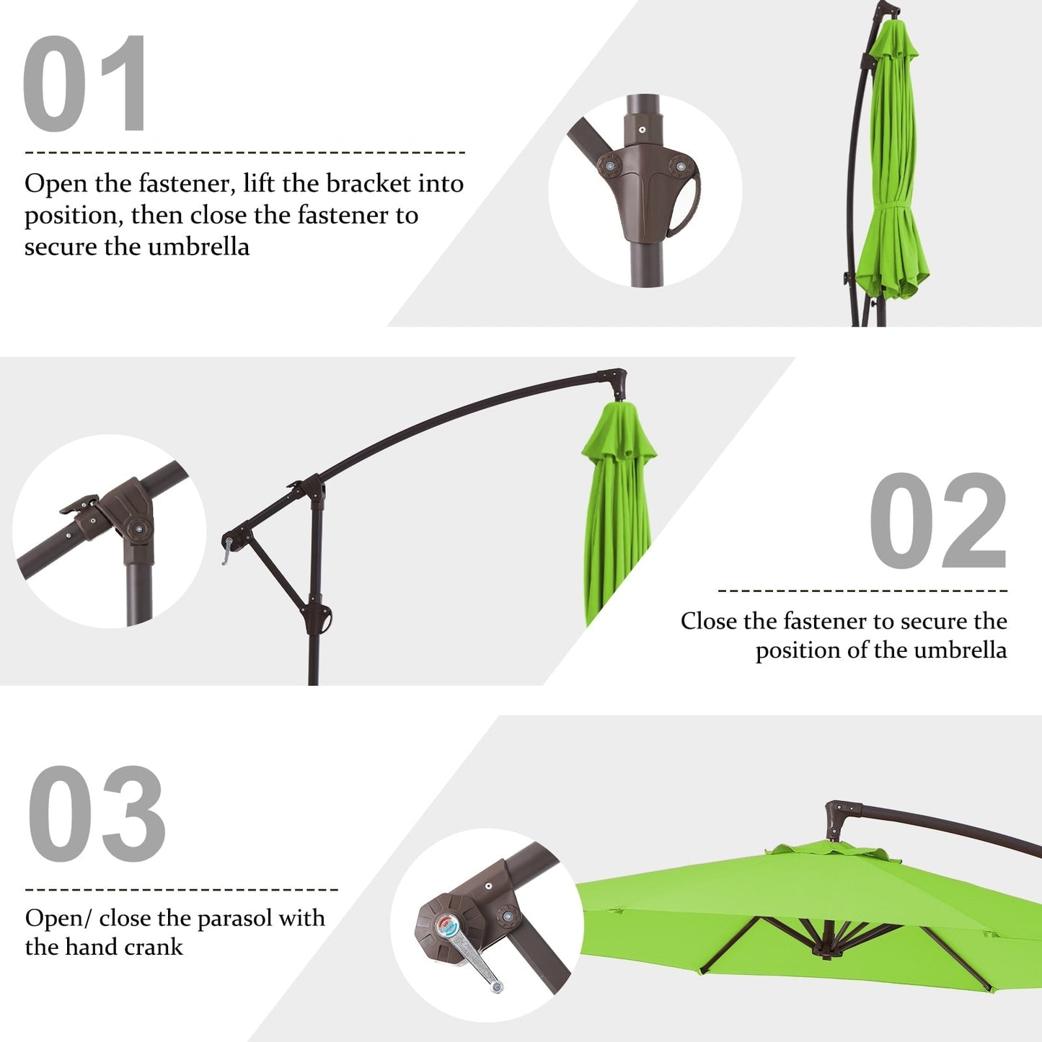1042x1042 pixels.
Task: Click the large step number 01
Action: point(85,84)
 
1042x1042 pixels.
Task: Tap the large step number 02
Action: point(937,521)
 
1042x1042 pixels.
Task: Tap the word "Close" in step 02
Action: point(708,621)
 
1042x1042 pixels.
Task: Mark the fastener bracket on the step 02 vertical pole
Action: point(319,619)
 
